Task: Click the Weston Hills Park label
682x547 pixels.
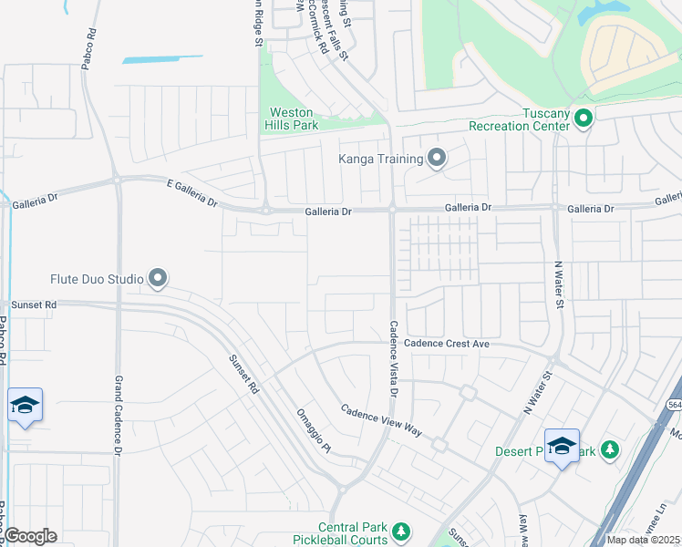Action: (x=293, y=119)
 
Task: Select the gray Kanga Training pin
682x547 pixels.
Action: (x=437, y=159)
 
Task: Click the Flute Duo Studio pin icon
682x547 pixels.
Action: (x=158, y=277)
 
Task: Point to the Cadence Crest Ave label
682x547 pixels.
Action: (x=447, y=344)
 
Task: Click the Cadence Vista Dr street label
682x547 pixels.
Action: (x=395, y=359)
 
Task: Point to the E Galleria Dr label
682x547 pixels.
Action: (x=192, y=196)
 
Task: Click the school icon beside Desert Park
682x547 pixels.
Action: (x=562, y=446)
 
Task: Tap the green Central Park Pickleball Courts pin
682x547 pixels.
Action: (x=398, y=531)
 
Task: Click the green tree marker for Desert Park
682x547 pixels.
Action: (x=610, y=450)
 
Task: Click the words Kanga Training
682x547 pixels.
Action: (x=381, y=160)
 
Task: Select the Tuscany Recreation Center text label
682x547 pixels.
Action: (x=519, y=119)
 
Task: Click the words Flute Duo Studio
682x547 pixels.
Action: (x=97, y=278)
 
